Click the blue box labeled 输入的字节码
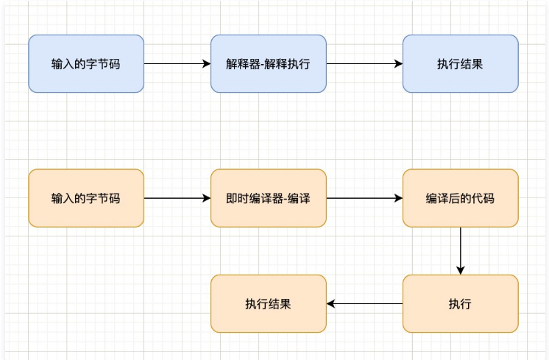[x=86, y=63]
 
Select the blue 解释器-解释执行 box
[x=268, y=63]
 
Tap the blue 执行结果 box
[x=460, y=63]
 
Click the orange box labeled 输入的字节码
[x=86, y=198]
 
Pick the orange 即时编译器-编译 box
[x=268, y=198]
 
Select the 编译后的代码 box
[x=460, y=198]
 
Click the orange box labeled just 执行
[x=460, y=303]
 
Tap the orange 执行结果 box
[x=268, y=303]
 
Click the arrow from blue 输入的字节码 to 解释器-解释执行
[x=177, y=63]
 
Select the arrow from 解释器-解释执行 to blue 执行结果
[x=364, y=63]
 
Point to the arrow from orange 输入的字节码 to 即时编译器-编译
[x=177, y=198]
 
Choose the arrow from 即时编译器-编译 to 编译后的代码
[x=364, y=198]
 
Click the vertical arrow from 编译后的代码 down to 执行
[x=460, y=250]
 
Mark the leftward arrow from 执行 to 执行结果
[x=365, y=303]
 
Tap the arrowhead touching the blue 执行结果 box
[x=398, y=63]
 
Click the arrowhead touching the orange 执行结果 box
[x=331, y=303]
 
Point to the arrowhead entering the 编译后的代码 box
[x=398, y=198]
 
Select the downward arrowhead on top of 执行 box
[x=460, y=270]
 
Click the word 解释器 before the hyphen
[x=240, y=64]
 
